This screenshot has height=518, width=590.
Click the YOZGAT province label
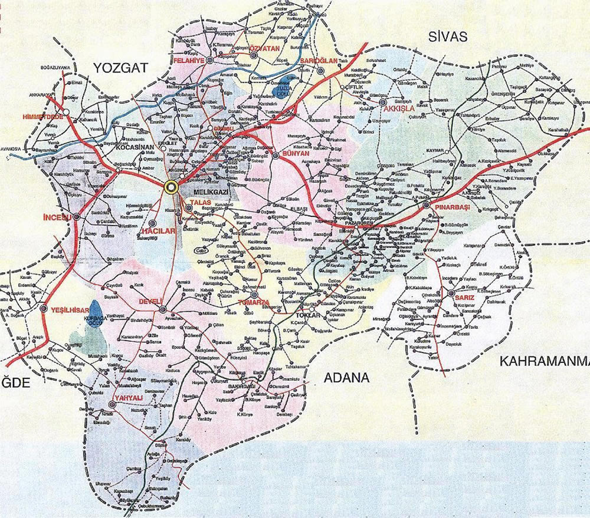coord(122,69)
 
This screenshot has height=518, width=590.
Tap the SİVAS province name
coord(448,37)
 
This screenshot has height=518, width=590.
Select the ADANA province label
coord(347,378)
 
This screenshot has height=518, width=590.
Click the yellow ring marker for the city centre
coord(171,187)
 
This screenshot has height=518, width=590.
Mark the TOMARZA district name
coord(253,302)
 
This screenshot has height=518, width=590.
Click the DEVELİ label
coord(150,301)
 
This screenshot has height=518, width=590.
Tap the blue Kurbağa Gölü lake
coord(96,311)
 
